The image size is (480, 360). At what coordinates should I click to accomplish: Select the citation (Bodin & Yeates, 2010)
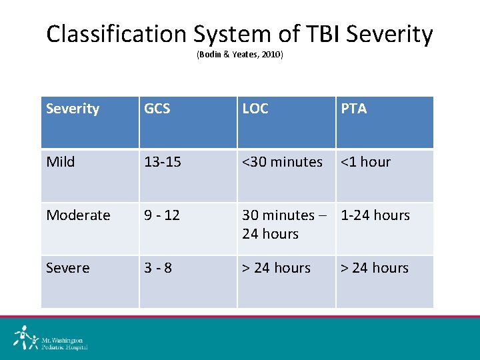239,55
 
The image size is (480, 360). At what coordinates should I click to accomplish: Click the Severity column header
73,109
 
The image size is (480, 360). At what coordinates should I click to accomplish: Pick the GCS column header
157,109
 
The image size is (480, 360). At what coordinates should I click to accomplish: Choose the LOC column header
255,109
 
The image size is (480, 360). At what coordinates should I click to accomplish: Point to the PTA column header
354,109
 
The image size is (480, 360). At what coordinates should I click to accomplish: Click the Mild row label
61,162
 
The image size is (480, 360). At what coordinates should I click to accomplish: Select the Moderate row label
78,215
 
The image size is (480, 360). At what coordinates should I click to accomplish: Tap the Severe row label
67,268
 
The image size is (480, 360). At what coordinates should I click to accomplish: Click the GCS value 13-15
163,162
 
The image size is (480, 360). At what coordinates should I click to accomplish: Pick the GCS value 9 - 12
163,215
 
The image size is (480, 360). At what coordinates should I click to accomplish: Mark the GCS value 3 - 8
158,268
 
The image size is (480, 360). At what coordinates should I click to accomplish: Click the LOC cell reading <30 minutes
282,162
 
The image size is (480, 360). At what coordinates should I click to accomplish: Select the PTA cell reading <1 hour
366,162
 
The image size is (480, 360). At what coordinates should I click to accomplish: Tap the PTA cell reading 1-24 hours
375,215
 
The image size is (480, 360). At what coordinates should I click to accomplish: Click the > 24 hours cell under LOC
277,268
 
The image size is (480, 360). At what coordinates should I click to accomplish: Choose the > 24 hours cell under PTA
375,268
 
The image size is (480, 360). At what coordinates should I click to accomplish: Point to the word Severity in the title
385,33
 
